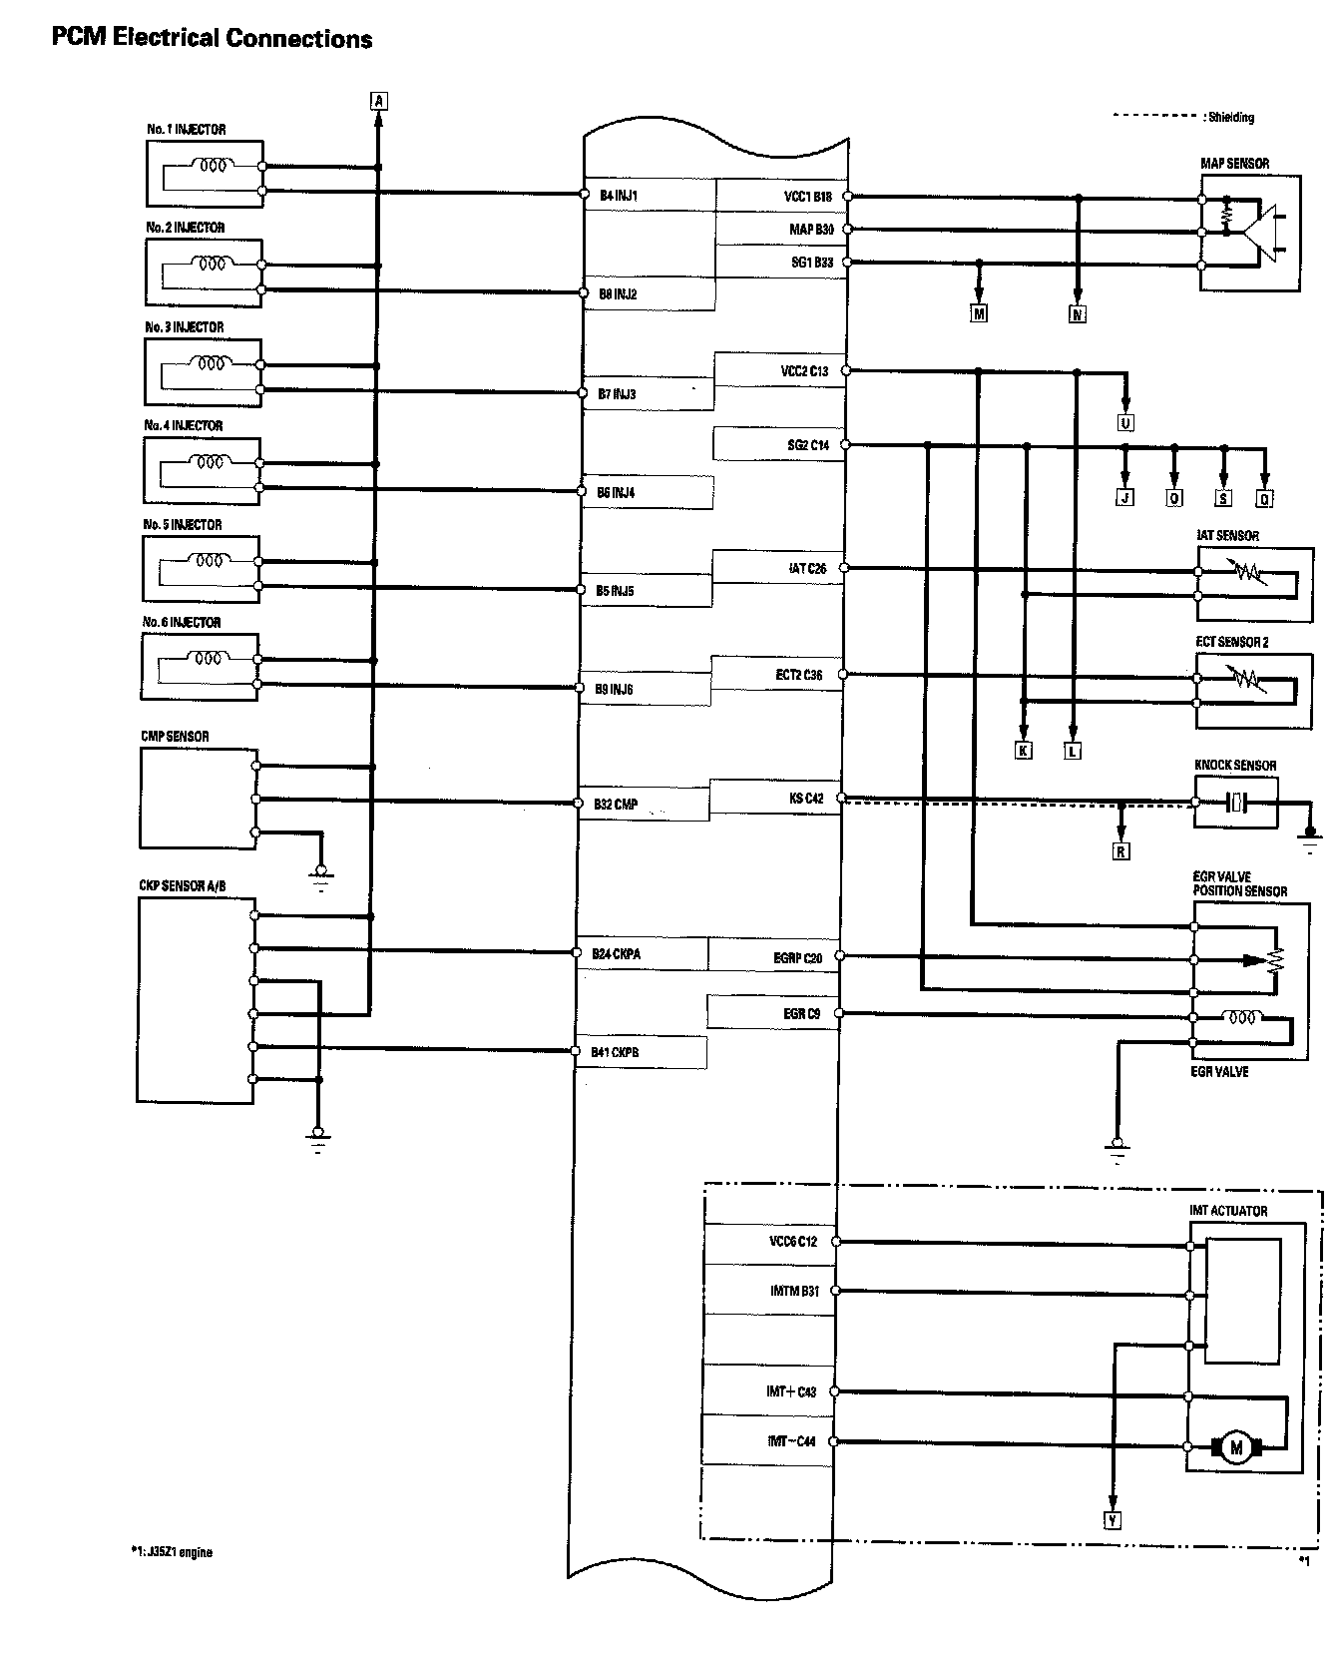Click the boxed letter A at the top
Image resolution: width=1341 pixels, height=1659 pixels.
point(378,100)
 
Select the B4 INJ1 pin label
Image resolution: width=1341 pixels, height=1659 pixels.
point(618,196)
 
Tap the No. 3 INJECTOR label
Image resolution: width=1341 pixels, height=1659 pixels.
point(184,327)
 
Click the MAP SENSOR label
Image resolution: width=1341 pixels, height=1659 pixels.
point(1234,164)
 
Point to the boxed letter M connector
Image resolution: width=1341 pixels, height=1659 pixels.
point(979,314)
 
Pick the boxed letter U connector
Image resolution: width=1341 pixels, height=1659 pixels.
point(1125,423)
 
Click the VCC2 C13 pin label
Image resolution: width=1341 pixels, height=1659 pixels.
point(804,371)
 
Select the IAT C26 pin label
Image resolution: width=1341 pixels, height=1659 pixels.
point(807,569)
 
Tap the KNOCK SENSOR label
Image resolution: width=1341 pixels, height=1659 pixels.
point(1235,766)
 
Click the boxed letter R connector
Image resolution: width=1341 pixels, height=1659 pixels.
point(1121,851)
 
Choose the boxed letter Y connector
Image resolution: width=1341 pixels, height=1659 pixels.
point(1113,1520)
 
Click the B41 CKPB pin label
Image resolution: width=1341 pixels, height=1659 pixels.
point(615,1052)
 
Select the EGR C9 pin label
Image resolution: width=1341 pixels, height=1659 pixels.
point(801,1014)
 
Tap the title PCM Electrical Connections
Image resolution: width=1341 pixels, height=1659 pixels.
point(212,39)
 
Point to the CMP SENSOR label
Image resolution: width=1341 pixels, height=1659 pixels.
point(175,737)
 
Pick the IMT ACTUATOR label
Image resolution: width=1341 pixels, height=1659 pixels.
point(1228,1211)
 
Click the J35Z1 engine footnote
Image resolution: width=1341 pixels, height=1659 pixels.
point(171,1552)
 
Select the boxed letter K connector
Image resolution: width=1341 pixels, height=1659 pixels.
point(1024,751)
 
